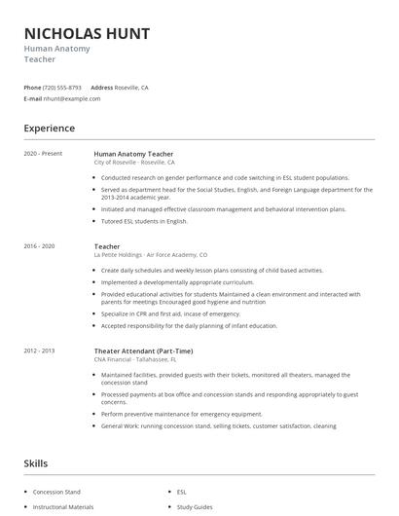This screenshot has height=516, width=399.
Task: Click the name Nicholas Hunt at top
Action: click(87, 34)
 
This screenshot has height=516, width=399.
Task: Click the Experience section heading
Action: click(50, 129)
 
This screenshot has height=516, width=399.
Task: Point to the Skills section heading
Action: click(35, 463)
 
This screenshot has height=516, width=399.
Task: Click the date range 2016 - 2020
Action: click(39, 246)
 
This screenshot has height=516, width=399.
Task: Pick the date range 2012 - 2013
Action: click(39, 350)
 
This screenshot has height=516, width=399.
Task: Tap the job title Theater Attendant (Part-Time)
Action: click(143, 350)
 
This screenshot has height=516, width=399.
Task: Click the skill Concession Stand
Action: click(56, 492)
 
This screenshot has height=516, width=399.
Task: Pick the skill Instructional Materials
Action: click(63, 507)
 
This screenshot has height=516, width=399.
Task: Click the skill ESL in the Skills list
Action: click(182, 492)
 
